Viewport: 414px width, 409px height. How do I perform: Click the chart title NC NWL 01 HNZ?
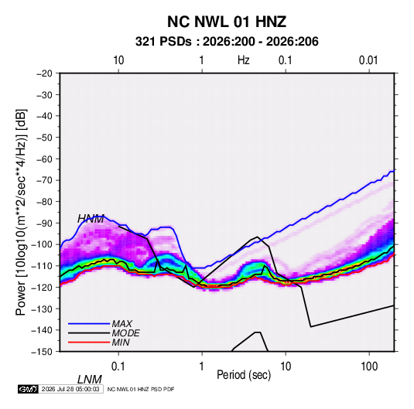[227, 22]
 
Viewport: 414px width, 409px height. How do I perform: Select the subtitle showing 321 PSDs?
[227, 42]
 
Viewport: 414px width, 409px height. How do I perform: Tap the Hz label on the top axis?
[244, 60]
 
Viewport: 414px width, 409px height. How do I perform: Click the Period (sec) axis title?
[244, 375]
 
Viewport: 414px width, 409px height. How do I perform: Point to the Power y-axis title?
[21, 212]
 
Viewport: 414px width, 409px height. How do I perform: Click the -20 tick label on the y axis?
[44, 73]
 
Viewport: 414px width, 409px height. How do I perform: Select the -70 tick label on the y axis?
[44, 180]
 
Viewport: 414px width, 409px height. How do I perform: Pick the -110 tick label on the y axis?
[42, 266]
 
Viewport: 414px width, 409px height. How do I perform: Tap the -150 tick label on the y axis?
[42, 352]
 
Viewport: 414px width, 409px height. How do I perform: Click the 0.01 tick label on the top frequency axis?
[368, 60]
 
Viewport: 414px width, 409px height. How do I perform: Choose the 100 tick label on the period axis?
[369, 366]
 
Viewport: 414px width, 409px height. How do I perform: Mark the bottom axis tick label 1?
[202, 366]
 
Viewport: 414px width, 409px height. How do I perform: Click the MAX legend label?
[122, 324]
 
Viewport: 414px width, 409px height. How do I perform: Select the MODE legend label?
[125, 333]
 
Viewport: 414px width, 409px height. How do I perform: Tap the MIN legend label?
[121, 343]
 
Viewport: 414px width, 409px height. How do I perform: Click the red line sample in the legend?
[89, 343]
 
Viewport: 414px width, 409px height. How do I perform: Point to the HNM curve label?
[91, 219]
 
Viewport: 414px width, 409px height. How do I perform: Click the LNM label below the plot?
[90, 380]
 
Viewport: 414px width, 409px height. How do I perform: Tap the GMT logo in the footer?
[29, 389]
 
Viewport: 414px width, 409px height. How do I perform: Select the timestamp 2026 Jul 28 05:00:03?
[70, 389]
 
